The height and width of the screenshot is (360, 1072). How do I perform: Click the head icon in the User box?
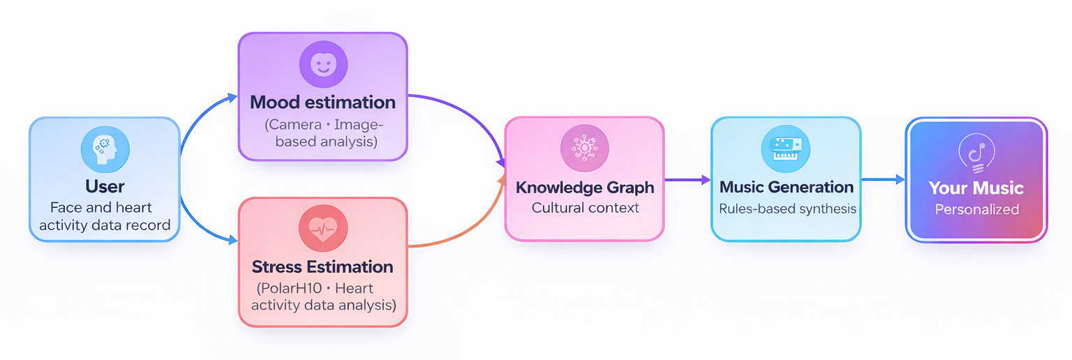(105, 149)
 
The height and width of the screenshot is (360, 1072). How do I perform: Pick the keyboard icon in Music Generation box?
(785, 149)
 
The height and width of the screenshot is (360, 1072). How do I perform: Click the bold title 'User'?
(105, 186)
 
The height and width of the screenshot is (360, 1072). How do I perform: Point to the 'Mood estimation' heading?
(322, 103)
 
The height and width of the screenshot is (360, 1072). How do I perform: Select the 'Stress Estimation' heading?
(322, 267)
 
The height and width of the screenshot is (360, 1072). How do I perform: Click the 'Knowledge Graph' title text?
(585, 187)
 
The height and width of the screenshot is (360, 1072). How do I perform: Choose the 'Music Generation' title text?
(786, 187)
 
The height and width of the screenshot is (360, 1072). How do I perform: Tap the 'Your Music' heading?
(976, 188)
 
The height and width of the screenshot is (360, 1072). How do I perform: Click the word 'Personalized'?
(976, 209)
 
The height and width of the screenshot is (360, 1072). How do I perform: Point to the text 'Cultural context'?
(585, 208)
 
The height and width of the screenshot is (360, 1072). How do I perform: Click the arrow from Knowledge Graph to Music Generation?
(687, 180)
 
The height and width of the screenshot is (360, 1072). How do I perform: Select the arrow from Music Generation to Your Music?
(882, 180)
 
